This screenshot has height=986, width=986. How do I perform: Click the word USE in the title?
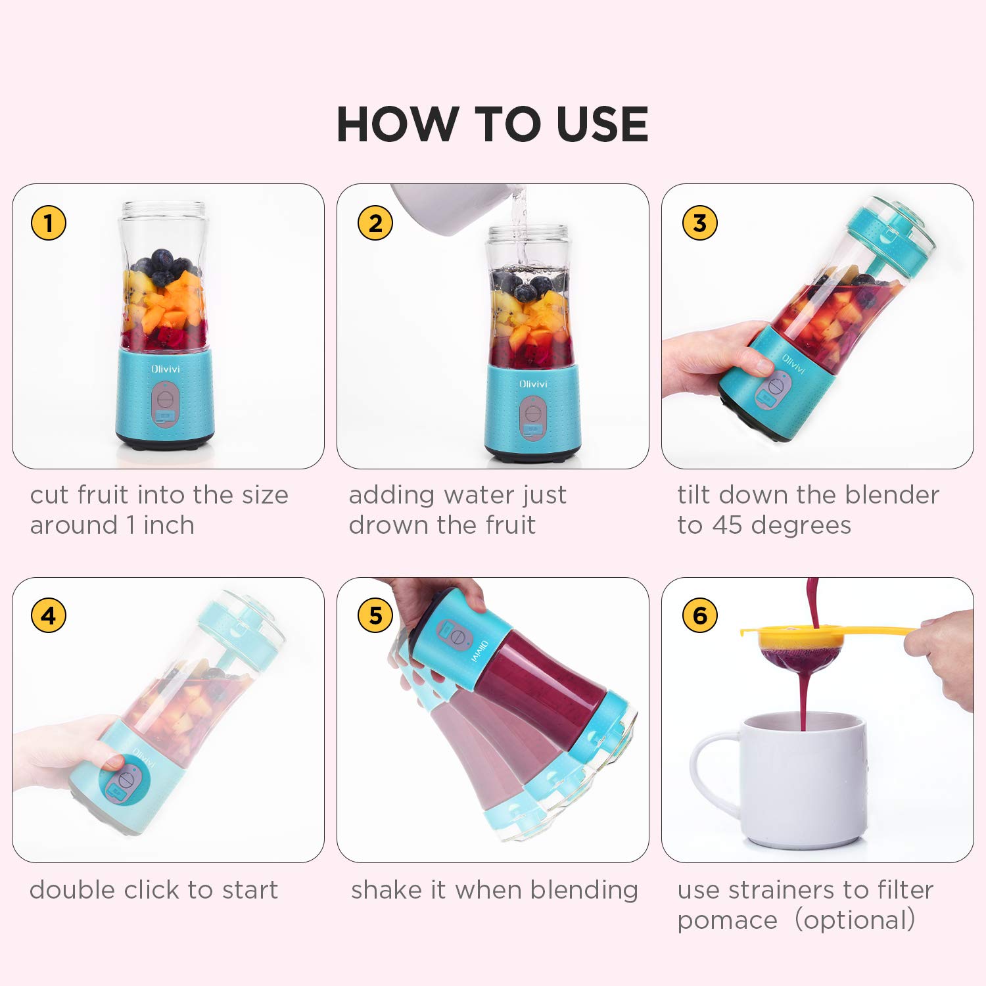pos(601,124)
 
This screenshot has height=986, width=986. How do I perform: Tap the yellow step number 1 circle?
pos(49,223)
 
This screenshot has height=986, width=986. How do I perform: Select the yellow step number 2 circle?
pos(375,223)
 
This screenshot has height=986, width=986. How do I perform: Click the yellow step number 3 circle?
pos(699,223)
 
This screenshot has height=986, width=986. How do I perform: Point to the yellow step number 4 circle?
pos(49,616)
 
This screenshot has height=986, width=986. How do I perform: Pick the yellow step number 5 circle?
pos(375,616)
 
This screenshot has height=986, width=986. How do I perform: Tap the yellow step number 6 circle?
pos(699,616)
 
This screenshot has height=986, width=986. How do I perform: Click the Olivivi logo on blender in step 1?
pos(165,369)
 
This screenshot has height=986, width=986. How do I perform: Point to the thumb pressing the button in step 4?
pos(113,763)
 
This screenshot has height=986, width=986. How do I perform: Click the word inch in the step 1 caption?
pos(169,525)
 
